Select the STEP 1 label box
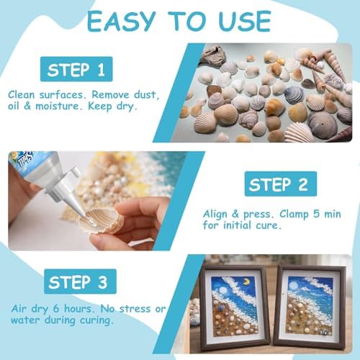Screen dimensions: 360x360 pyautogui.click(x=76, y=69)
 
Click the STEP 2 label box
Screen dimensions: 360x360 pyautogui.click(x=281, y=184)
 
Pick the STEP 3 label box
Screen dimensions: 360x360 pyautogui.click(x=80, y=282)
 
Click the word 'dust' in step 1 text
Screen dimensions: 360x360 pyautogui.click(x=146, y=94)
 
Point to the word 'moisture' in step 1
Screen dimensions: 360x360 pyautogui.click(x=57, y=106)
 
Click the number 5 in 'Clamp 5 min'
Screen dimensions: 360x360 pyautogui.click(x=316, y=214)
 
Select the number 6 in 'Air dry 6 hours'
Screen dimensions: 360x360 pyautogui.click(x=56, y=309)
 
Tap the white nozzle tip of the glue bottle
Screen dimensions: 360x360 pyautogui.click(x=81, y=211)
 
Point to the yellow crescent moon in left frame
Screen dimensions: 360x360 pyautogui.click(x=246, y=282)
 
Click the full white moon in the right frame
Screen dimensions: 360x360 pyautogui.click(x=292, y=286)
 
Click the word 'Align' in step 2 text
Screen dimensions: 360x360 pyautogui.click(x=215, y=215)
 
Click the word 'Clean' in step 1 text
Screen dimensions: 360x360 pyautogui.click(x=22, y=94)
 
